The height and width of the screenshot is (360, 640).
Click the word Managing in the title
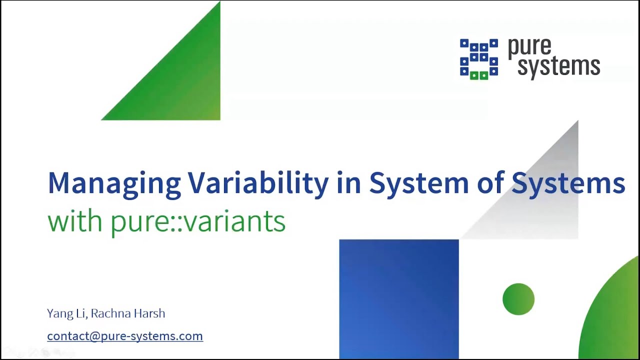[114, 183]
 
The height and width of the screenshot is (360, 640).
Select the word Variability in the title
[258, 183]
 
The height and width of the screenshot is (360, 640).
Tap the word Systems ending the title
[568, 183]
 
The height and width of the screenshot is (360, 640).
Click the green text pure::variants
[198, 221]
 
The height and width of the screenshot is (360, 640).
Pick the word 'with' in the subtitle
[75, 221]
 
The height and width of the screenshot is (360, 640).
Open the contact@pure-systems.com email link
[125, 336]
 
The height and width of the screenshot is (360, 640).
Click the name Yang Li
[67, 313]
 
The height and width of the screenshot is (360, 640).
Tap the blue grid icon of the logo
[478, 59]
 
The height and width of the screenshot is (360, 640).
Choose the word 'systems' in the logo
[558, 66]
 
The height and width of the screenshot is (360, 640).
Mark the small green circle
[518, 299]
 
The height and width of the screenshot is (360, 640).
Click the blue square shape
[398, 298]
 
